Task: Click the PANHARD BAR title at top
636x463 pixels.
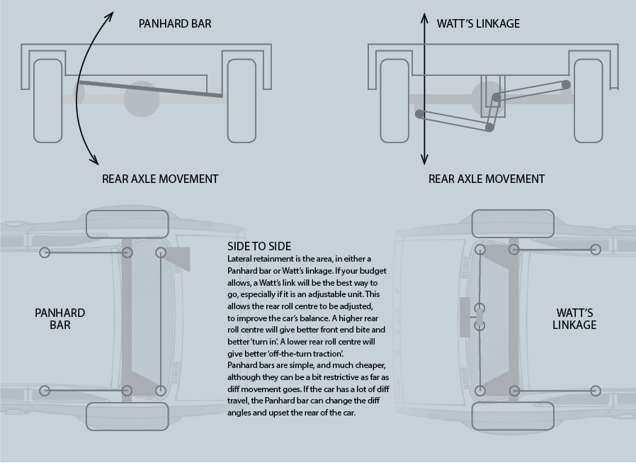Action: point(174,23)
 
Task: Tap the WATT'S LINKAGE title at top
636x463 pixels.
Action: point(478,23)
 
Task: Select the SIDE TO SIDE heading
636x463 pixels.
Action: point(259,246)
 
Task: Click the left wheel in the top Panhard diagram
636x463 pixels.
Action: point(48,100)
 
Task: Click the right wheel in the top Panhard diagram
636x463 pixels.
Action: point(241,100)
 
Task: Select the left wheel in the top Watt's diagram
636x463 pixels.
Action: point(395,100)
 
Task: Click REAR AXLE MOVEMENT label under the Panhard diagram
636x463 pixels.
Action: point(160,179)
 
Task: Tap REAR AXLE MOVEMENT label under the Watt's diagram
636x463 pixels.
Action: point(487,179)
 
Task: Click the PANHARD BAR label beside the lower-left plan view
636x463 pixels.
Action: point(60,319)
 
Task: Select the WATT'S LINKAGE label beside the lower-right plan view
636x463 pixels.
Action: point(576,319)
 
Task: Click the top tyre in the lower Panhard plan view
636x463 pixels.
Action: point(128,223)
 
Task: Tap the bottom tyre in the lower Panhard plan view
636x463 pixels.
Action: point(128,416)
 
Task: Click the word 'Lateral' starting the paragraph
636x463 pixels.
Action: point(241,260)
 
